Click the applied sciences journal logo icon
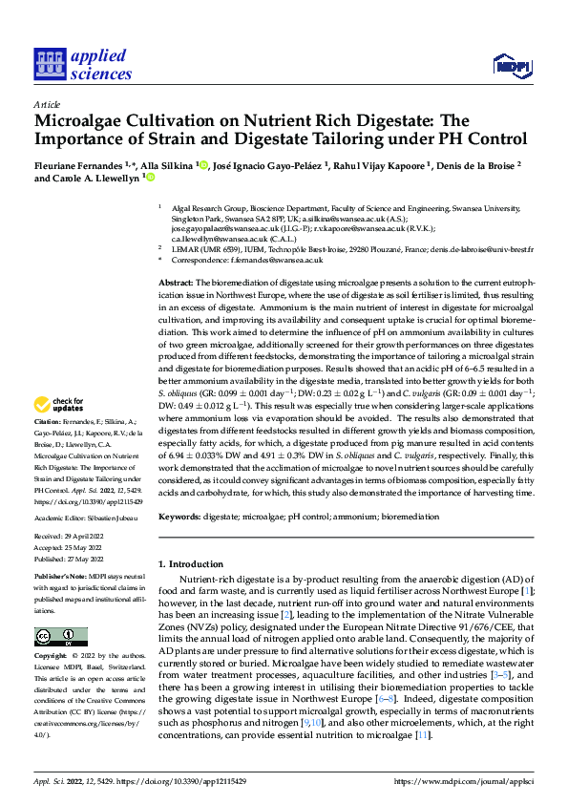(x=49, y=64)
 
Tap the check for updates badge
(x=62, y=433)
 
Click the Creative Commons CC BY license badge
(x=60, y=637)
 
